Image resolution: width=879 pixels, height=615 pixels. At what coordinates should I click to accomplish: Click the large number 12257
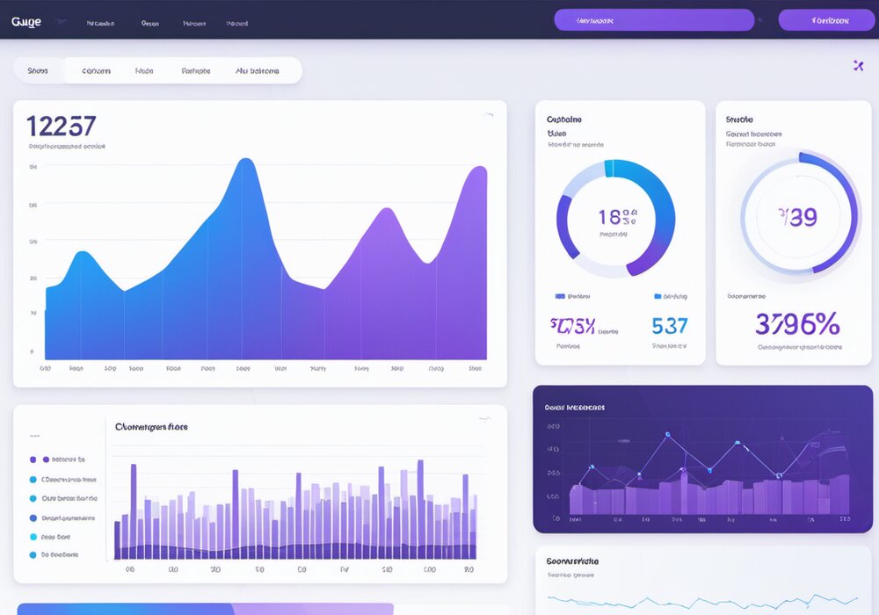point(62,126)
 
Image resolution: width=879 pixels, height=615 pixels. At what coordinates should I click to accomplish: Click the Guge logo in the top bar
point(26,22)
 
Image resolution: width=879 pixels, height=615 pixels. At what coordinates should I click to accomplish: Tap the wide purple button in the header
point(654,19)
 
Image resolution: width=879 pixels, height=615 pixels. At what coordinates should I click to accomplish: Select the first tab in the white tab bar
point(38,70)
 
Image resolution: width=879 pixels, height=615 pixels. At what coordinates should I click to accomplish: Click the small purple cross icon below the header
point(859,65)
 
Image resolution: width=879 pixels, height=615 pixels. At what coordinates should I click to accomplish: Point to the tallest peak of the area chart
point(247,161)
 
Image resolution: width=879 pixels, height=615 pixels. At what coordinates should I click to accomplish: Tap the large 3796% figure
point(797,324)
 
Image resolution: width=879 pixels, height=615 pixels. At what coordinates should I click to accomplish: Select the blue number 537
point(669,326)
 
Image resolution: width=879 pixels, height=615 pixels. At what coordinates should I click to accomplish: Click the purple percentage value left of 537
point(573,326)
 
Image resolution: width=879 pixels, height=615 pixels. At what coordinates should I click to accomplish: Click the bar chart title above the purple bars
point(151,427)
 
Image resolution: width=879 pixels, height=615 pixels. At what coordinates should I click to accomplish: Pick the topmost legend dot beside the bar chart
point(33,459)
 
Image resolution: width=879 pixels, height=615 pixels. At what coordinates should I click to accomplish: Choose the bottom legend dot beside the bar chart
point(33,555)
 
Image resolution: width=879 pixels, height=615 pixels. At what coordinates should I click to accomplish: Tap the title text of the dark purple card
point(574,408)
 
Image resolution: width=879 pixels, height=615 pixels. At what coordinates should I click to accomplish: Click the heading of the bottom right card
point(572,561)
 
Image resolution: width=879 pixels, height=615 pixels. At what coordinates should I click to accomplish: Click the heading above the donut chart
point(563,119)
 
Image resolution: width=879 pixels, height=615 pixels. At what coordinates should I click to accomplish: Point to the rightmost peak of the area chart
point(479,168)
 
